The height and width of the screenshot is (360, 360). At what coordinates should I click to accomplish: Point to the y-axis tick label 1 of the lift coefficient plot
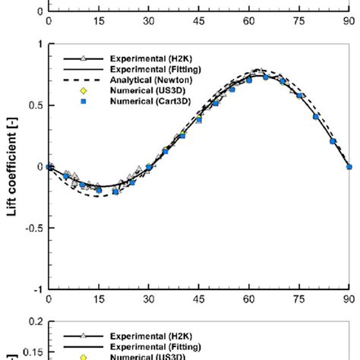click(x=39, y=44)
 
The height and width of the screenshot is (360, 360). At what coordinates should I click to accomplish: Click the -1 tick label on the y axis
click(x=37, y=289)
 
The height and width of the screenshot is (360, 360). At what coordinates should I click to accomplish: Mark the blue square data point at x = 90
click(x=349, y=166)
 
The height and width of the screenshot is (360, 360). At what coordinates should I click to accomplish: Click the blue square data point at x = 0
click(x=49, y=166)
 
